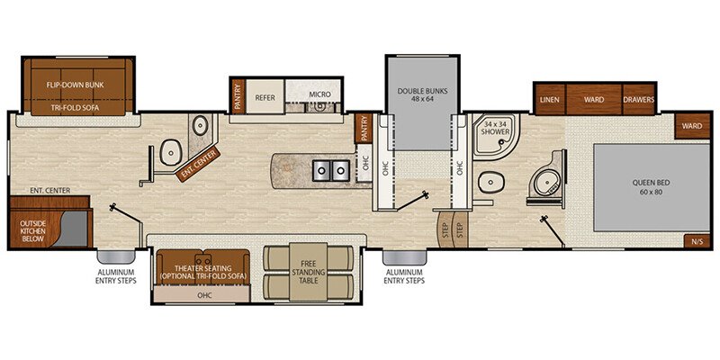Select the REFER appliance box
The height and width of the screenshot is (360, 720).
pyautogui.click(x=265, y=94)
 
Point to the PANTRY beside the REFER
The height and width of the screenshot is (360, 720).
pyautogui.click(x=238, y=96)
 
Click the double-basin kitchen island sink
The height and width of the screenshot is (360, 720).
pyautogui.click(x=328, y=169)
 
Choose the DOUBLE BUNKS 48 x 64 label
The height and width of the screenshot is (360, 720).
pyautogui.click(x=423, y=96)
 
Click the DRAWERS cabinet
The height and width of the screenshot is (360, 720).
pyautogui.click(x=638, y=99)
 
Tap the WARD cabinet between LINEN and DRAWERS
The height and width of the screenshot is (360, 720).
pyautogui.click(x=594, y=99)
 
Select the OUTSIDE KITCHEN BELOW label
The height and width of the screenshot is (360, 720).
pyautogui.click(x=33, y=230)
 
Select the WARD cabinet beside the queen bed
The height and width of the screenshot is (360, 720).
pyautogui.click(x=691, y=126)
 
